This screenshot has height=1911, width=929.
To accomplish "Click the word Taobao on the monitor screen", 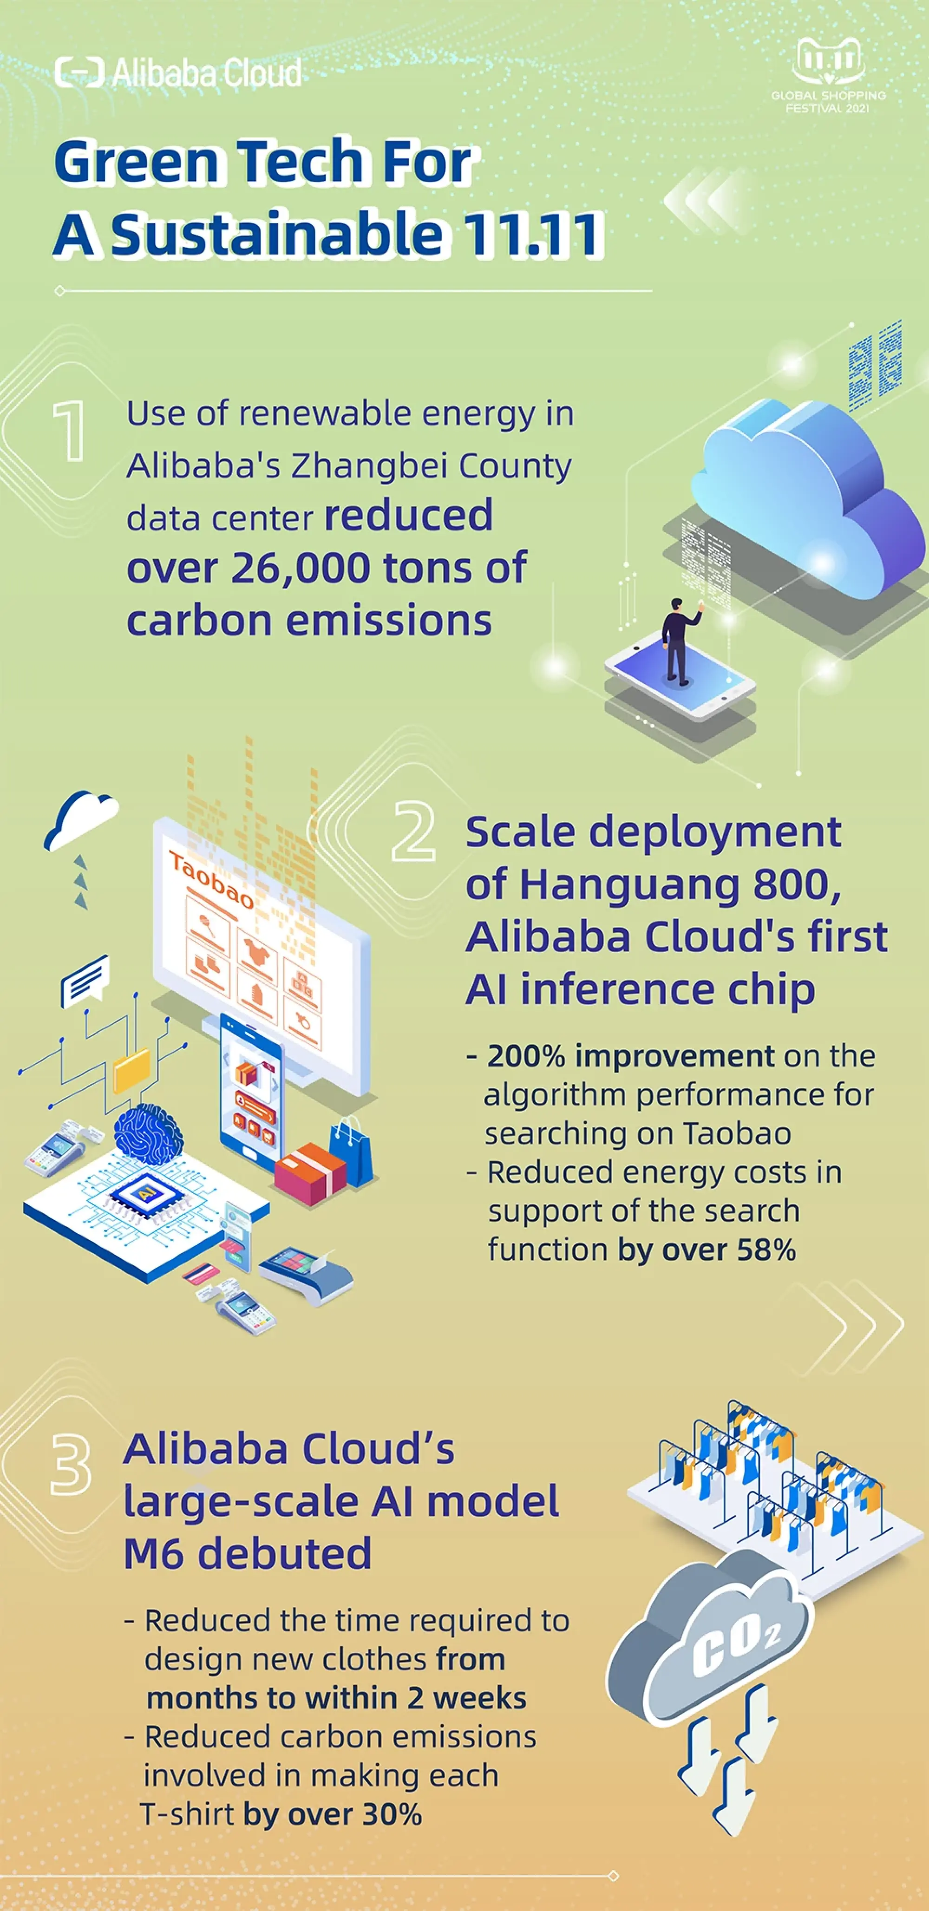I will tap(211, 879).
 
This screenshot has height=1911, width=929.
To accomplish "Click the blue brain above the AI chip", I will tap(148, 1133).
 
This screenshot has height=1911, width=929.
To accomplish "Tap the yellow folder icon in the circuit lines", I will tap(131, 1071).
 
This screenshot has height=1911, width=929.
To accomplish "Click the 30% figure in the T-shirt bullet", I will tap(392, 1814).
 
